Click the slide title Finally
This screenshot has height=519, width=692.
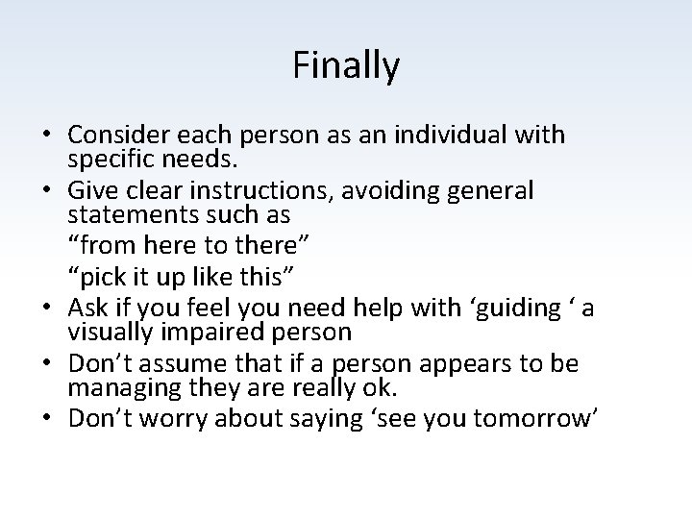point(346,66)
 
